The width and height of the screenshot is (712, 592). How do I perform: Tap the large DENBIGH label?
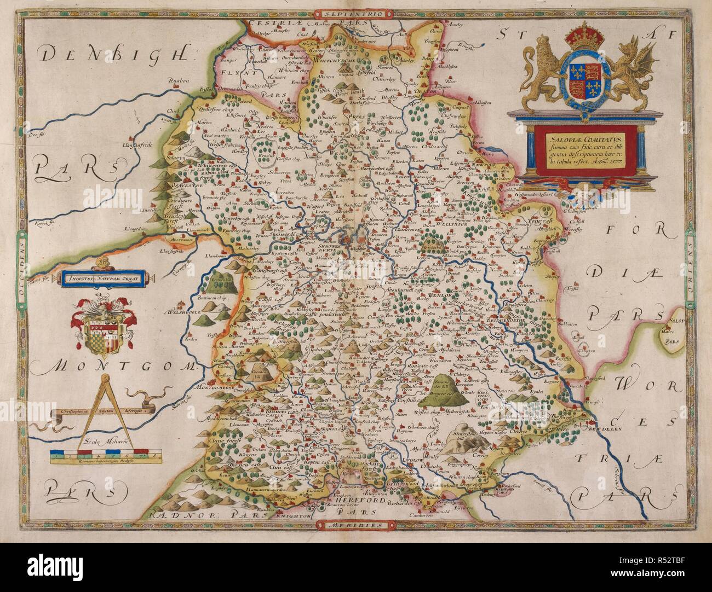(116, 54)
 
